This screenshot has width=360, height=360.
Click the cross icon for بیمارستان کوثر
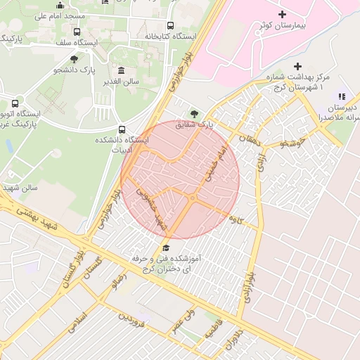tap(282, 14)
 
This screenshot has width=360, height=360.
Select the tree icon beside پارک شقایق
tap(194, 112)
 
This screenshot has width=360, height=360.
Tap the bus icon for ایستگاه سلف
tap(77, 32)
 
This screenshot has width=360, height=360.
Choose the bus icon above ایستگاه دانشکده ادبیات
tap(122, 129)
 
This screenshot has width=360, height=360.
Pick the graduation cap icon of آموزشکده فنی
tap(166, 247)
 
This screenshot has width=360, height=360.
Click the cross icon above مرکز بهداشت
tap(297, 66)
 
